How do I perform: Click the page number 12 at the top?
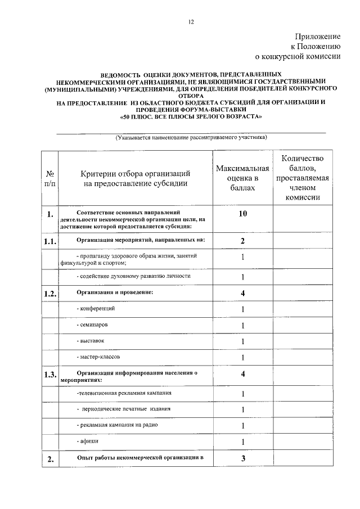point(191,22)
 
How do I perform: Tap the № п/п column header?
point(50,178)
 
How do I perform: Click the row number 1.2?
point(51,294)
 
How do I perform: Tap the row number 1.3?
point(51,376)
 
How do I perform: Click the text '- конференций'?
point(96,309)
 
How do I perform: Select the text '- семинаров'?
point(92,325)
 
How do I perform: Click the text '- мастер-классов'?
point(98,357)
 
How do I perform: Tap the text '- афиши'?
point(87,442)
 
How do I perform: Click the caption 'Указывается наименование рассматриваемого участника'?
point(191,138)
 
